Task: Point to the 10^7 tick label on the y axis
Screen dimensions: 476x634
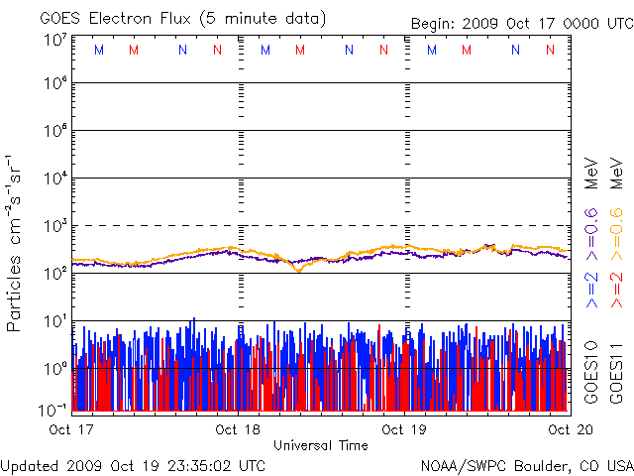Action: tap(54, 40)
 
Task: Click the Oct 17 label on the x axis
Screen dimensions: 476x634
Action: tap(69, 429)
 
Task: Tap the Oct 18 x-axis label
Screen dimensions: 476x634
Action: tap(238, 429)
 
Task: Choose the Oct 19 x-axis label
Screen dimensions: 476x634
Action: tap(404, 429)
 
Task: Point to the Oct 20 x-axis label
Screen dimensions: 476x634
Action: tap(567, 429)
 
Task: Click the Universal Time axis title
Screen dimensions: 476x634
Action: tap(320, 445)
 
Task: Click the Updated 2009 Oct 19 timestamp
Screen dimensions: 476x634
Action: tap(134, 464)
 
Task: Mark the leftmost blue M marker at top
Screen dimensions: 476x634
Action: tap(98, 49)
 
